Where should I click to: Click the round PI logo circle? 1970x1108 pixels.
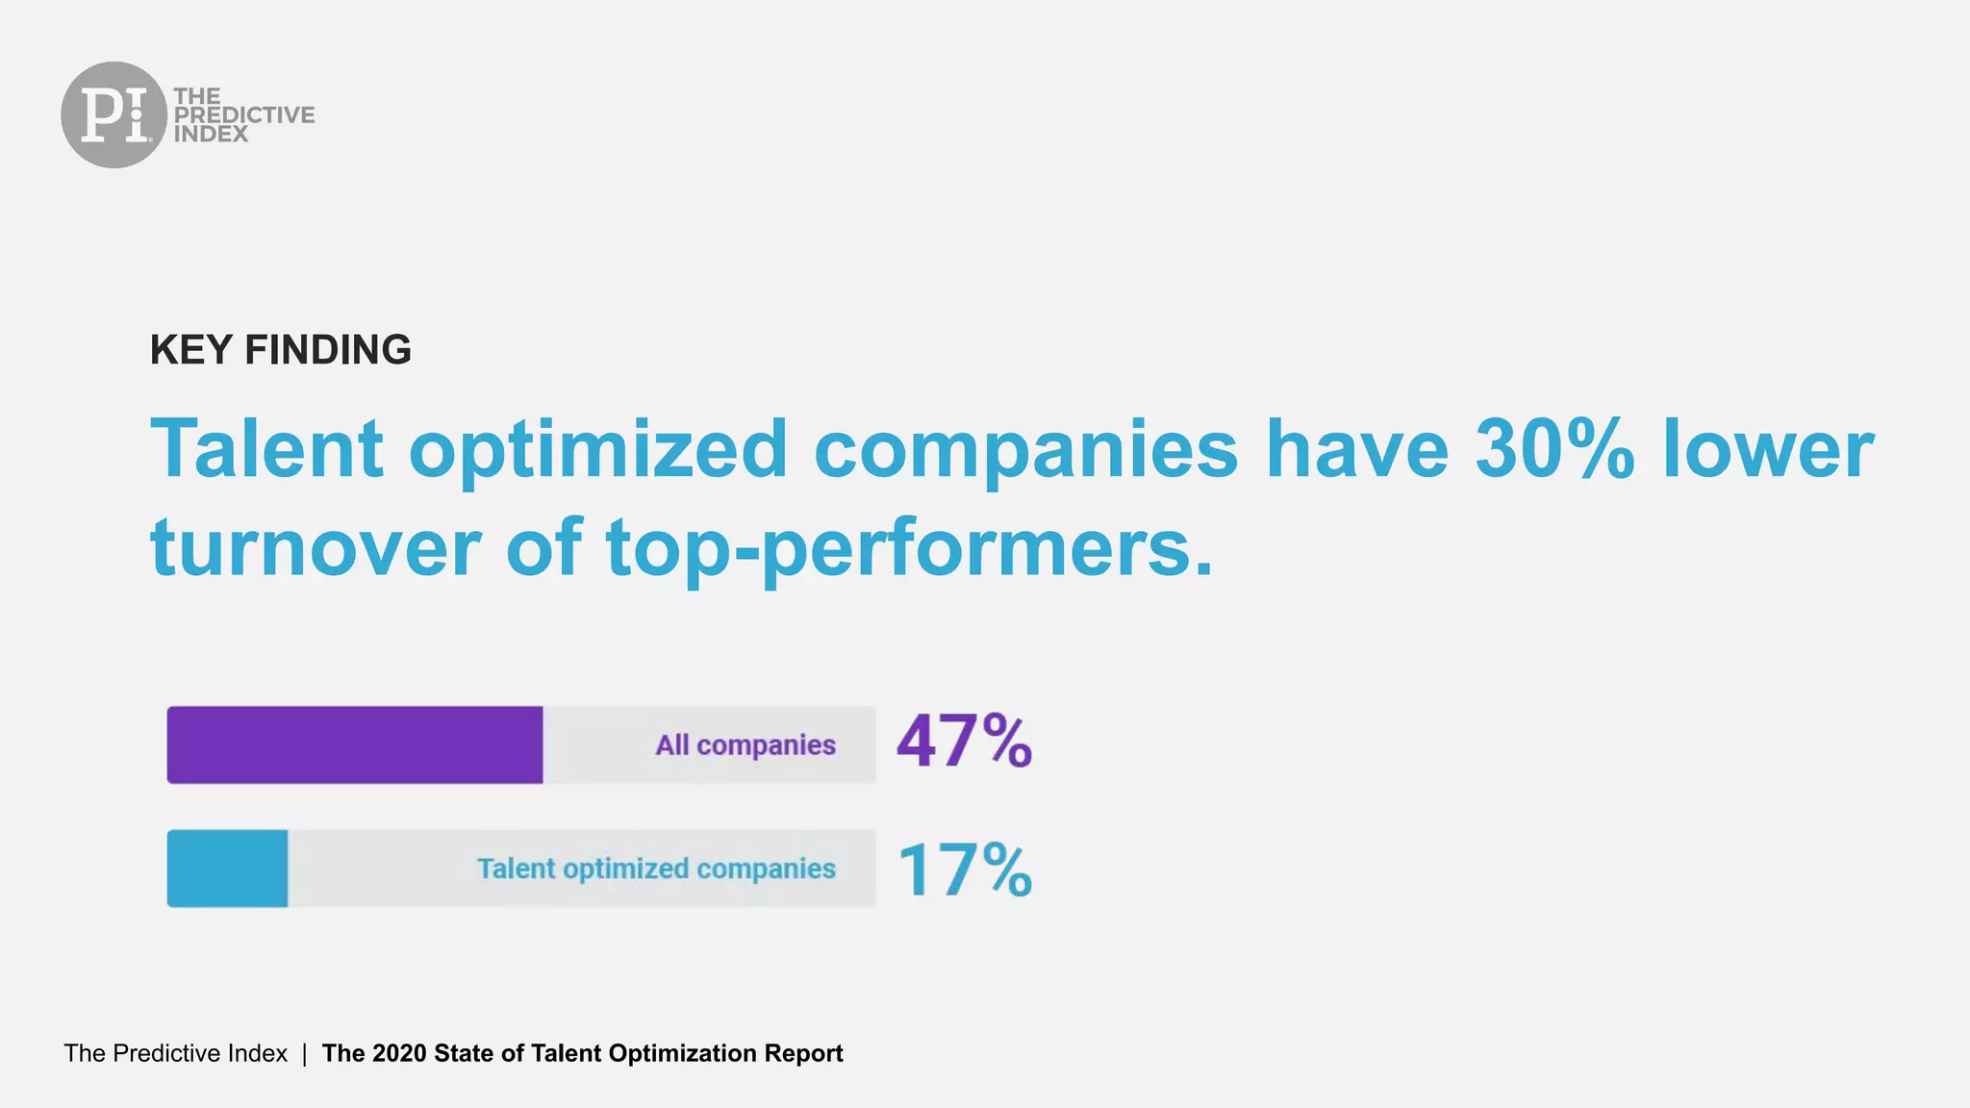click(114, 114)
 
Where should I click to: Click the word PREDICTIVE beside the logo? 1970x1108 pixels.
click(244, 114)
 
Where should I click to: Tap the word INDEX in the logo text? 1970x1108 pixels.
click(211, 135)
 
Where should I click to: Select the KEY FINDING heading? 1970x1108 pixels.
click(280, 350)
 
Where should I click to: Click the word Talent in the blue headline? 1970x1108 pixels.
click(267, 449)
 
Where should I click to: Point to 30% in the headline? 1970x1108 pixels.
click(1554, 449)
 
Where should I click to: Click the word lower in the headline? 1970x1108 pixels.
click(1768, 449)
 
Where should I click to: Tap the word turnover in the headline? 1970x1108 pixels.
click(316, 547)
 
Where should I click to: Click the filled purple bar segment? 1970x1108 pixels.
click(354, 744)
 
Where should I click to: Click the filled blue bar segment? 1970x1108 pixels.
click(227, 869)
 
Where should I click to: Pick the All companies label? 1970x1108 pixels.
click(745, 745)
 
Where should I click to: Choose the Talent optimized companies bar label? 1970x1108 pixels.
click(656, 869)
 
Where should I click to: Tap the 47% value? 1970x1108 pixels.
click(964, 742)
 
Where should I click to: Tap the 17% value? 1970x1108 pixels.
click(964, 869)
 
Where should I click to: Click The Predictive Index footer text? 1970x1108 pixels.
click(175, 1053)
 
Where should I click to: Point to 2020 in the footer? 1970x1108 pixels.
click(399, 1053)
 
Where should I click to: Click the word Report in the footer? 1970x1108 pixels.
click(803, 1053)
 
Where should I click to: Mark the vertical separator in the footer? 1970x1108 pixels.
click(304, 1053)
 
